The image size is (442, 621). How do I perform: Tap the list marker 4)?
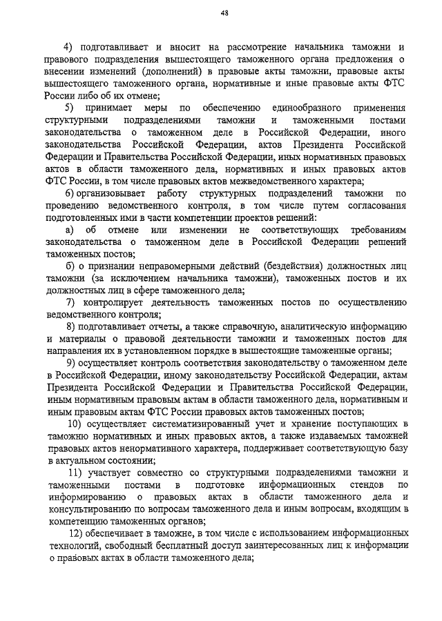68,48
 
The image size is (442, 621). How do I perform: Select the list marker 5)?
69,108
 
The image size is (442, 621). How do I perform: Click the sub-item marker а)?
70,229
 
